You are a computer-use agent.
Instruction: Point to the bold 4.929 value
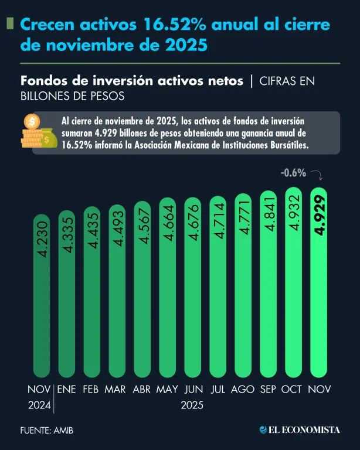pyautogui.click(x=319, y=216)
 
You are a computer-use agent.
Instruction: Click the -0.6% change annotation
pyautogui.click(x=293, y=173)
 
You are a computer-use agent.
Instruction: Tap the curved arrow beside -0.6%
pyautogui.click(x=317, y=174)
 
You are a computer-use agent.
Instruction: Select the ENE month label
pyautogui.click(x=66, y=389)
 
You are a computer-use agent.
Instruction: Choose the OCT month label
pyautogui.click(x=291, y=389)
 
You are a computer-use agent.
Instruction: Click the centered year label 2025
pyautogui.click(x=192, y=405)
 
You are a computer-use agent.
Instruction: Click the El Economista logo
pyautogui.click(x=300, y=430)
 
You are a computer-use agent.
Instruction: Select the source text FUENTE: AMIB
pyautogui.click(x=47, y=431)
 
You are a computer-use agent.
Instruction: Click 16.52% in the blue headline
pyautogui.click(x=168, y=25)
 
